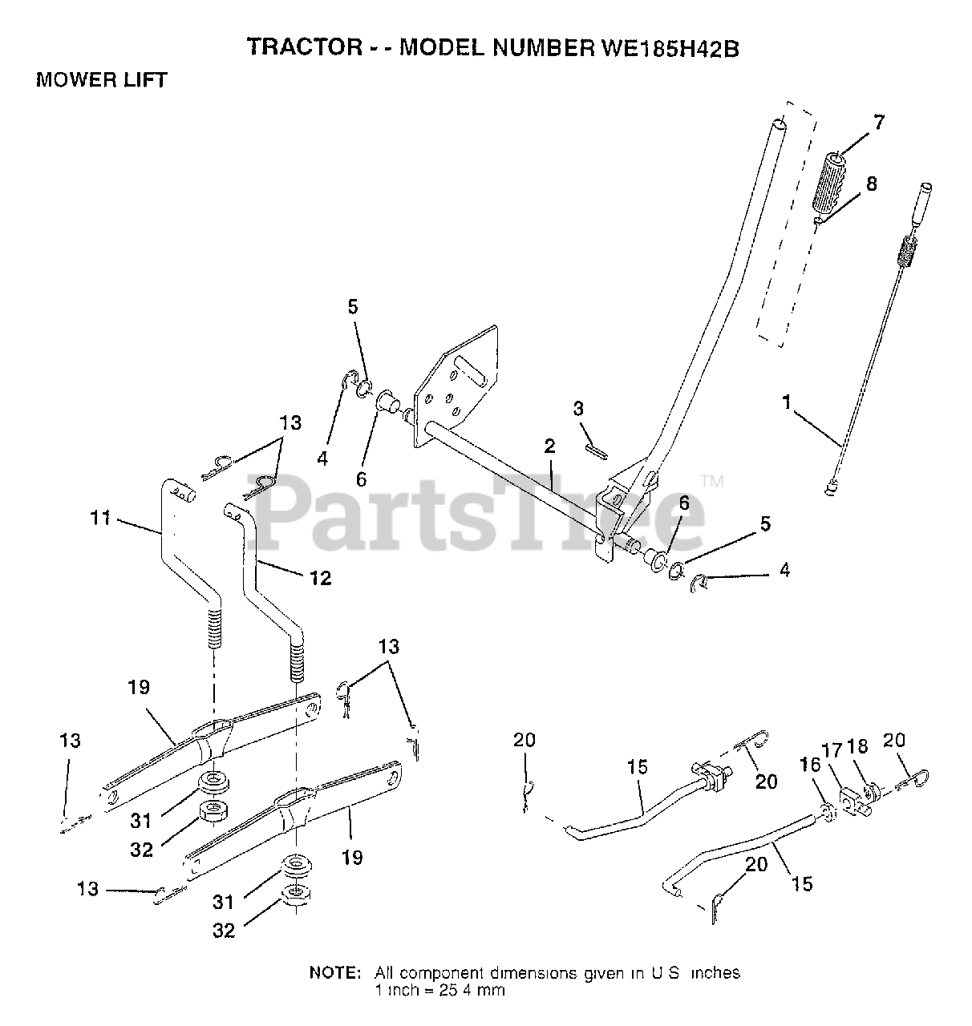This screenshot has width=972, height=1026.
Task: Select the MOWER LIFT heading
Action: (x=102, y=80)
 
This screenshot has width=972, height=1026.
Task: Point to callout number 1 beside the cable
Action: (x=787, y=401)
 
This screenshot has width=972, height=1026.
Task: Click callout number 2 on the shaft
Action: (x=549, y=448)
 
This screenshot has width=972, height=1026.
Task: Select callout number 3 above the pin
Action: (x=578, y=409)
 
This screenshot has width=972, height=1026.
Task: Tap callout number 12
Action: (x=320, y=577)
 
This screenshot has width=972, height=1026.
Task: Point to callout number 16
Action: (x=810, y=765)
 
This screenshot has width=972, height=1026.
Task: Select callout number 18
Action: (x=857, y=746)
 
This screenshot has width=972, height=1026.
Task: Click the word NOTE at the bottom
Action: (x=335, y=973)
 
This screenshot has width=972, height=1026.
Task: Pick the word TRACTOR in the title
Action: (x=294, y=47)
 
